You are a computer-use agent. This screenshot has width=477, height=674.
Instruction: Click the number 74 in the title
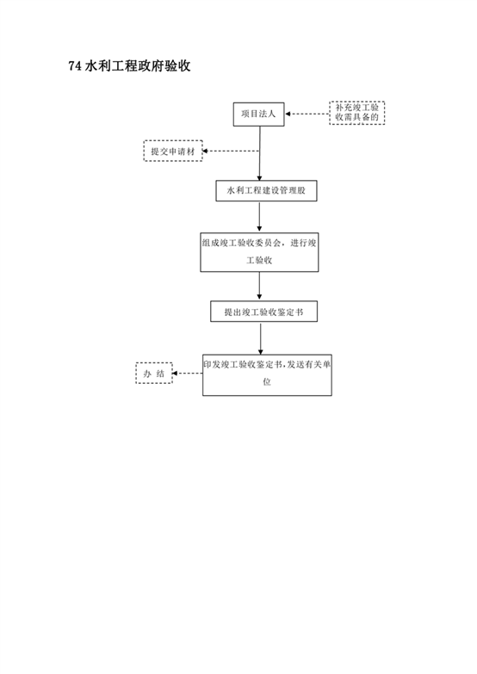tap(75, 65)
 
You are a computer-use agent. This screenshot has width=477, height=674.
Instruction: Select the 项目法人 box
tap(258, 114)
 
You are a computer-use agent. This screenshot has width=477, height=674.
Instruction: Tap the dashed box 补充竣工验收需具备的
tap(357, 113)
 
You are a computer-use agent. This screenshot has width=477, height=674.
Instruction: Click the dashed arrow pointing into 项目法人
tap(307, 114)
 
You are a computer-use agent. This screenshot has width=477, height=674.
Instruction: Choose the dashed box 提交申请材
tap(173, 151)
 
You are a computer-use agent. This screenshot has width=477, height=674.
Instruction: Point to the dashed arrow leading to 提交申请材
tap(231, 151)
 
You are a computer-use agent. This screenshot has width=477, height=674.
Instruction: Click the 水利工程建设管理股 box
tap(266, 191)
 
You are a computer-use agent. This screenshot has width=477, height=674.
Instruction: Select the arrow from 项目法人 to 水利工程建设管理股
tap(259, 153)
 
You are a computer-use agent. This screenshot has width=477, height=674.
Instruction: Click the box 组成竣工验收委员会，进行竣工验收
tap(259, 252)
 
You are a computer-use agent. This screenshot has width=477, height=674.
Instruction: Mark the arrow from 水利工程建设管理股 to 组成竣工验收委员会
tap(259, 217)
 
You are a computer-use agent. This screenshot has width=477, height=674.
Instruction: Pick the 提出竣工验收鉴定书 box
tap(263, 312)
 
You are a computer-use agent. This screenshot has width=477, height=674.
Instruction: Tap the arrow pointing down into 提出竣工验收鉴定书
tap(259, 287)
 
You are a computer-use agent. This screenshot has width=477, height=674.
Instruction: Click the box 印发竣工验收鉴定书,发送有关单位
tap(267, 374)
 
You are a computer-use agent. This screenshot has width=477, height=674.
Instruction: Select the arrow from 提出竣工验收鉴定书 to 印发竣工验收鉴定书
tap(260, 338)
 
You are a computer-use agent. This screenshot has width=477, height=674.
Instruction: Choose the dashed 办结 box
tap(154, 373)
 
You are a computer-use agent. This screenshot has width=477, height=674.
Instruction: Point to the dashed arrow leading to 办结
tap(188, 373)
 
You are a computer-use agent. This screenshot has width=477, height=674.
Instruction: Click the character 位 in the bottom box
tap(267, 381)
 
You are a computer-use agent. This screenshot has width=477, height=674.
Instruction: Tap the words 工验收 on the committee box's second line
tap(259, 260)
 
